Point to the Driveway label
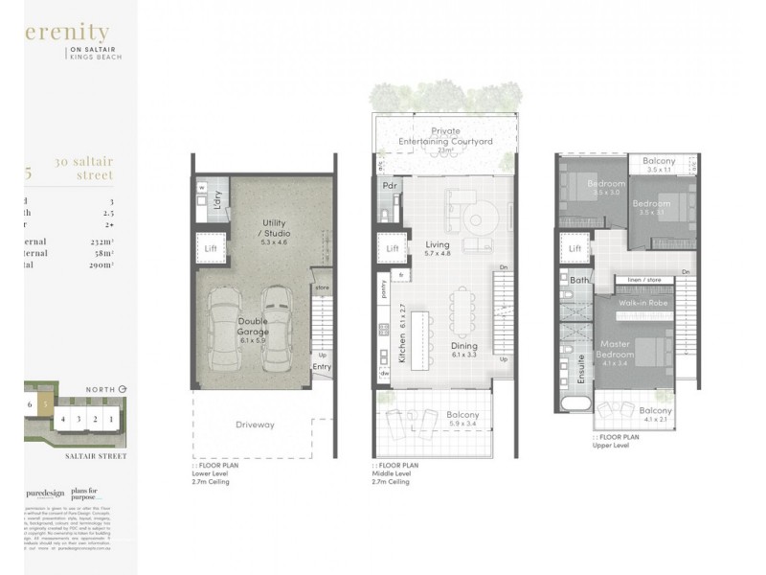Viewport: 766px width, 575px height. pyautogui.click(x=256, y=425)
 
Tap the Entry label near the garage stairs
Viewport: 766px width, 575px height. pyautogui.click(x=321, y=365)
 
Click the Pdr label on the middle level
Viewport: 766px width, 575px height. pyautogui.click(x=390, y=186)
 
